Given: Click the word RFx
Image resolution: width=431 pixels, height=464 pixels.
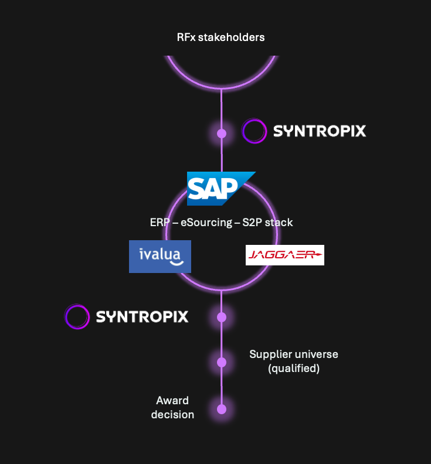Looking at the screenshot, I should tap(186, 37).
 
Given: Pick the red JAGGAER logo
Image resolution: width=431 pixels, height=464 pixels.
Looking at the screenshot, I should tap(284, 255).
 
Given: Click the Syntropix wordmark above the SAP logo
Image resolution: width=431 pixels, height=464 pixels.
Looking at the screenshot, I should tap(320, 131).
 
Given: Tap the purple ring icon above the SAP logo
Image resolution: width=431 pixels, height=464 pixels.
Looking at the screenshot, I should tap(254, 131).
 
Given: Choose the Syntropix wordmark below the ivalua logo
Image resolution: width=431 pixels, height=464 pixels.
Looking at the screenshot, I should tap(142, 317).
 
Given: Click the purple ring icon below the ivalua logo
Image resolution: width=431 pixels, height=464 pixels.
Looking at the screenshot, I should tap(77, 316).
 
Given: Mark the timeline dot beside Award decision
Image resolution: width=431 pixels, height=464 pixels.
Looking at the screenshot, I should tap(222, 409).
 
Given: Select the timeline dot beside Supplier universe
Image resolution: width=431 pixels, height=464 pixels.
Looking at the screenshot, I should tap(222, 362).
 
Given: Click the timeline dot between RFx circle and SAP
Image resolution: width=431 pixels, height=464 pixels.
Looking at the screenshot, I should tap(222, 134).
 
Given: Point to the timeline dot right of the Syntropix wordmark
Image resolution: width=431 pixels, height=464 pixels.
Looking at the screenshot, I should tap(222, 317).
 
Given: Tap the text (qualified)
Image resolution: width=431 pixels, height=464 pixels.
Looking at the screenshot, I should tap(293, 369).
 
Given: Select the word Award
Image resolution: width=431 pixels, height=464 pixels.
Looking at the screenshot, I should tap(172, 401).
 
